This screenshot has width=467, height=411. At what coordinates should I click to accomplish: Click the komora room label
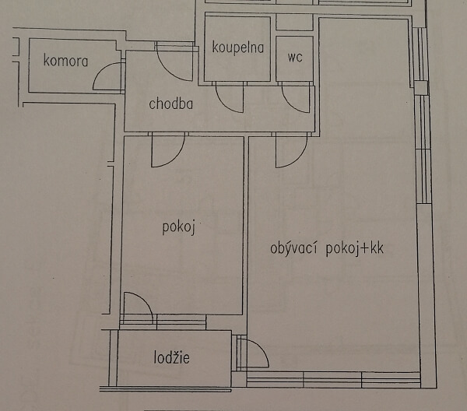tap(66, 61)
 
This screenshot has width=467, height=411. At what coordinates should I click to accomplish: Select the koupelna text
tap(237, 47)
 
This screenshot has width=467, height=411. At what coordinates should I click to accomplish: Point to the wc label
tap(295, 57)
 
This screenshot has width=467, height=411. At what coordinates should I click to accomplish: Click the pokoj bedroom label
tap(177, 227)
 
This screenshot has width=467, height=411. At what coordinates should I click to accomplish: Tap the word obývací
tap(295, 249)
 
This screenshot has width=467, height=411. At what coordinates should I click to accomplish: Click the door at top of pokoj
tap(167, 149)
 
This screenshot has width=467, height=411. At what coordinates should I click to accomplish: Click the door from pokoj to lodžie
tap(137, 306)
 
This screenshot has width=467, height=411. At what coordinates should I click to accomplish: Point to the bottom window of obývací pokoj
tap(335, 379)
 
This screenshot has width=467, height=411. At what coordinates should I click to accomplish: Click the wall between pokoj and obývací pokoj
tap(246, 226)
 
